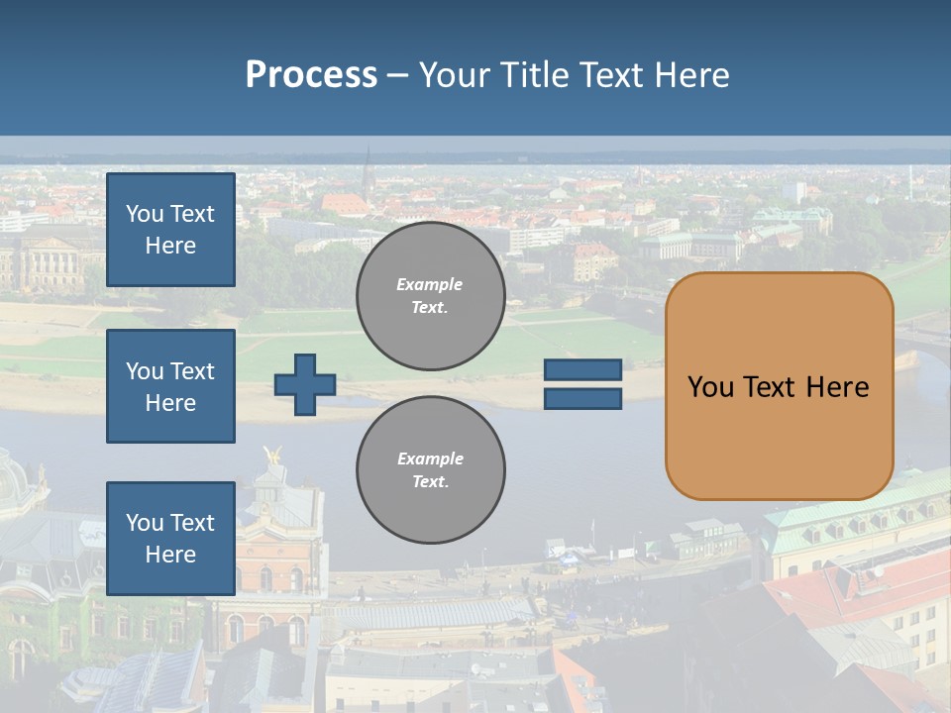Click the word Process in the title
coord(311,75)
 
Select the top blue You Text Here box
coord(170,230)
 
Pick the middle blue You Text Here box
coord(170,386)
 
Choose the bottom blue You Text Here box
coord(170,539)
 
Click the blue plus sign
coord(305,384)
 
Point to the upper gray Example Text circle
coord(430,295)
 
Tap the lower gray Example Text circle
coord(430,470)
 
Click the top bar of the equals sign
coord(582,370)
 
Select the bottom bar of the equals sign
coord(582,398)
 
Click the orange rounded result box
coord(779,436)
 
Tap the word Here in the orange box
coord(837,386)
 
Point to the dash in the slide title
coord(397,75)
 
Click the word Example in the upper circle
coord(430,284)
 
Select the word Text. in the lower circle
coord(430,482)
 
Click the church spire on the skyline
coord(367,168)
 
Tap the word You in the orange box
coord(710,386)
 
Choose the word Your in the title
coord(456,75)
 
